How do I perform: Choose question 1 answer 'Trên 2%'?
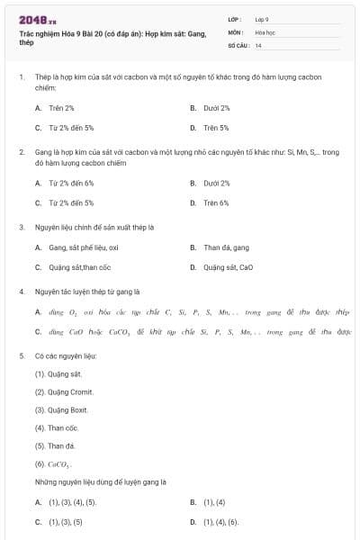[x=61, y=108]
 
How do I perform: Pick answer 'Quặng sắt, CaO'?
[x=228, y=267]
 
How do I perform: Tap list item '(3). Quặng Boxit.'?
[x=62, y=409]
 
